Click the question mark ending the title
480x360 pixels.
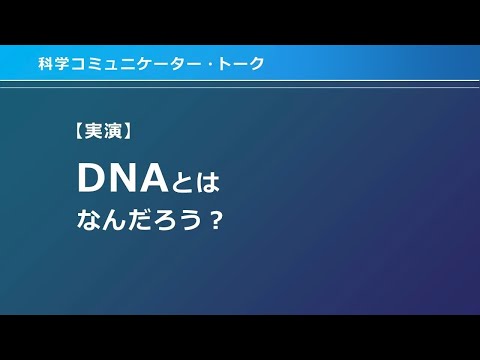[x=212, y=220]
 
